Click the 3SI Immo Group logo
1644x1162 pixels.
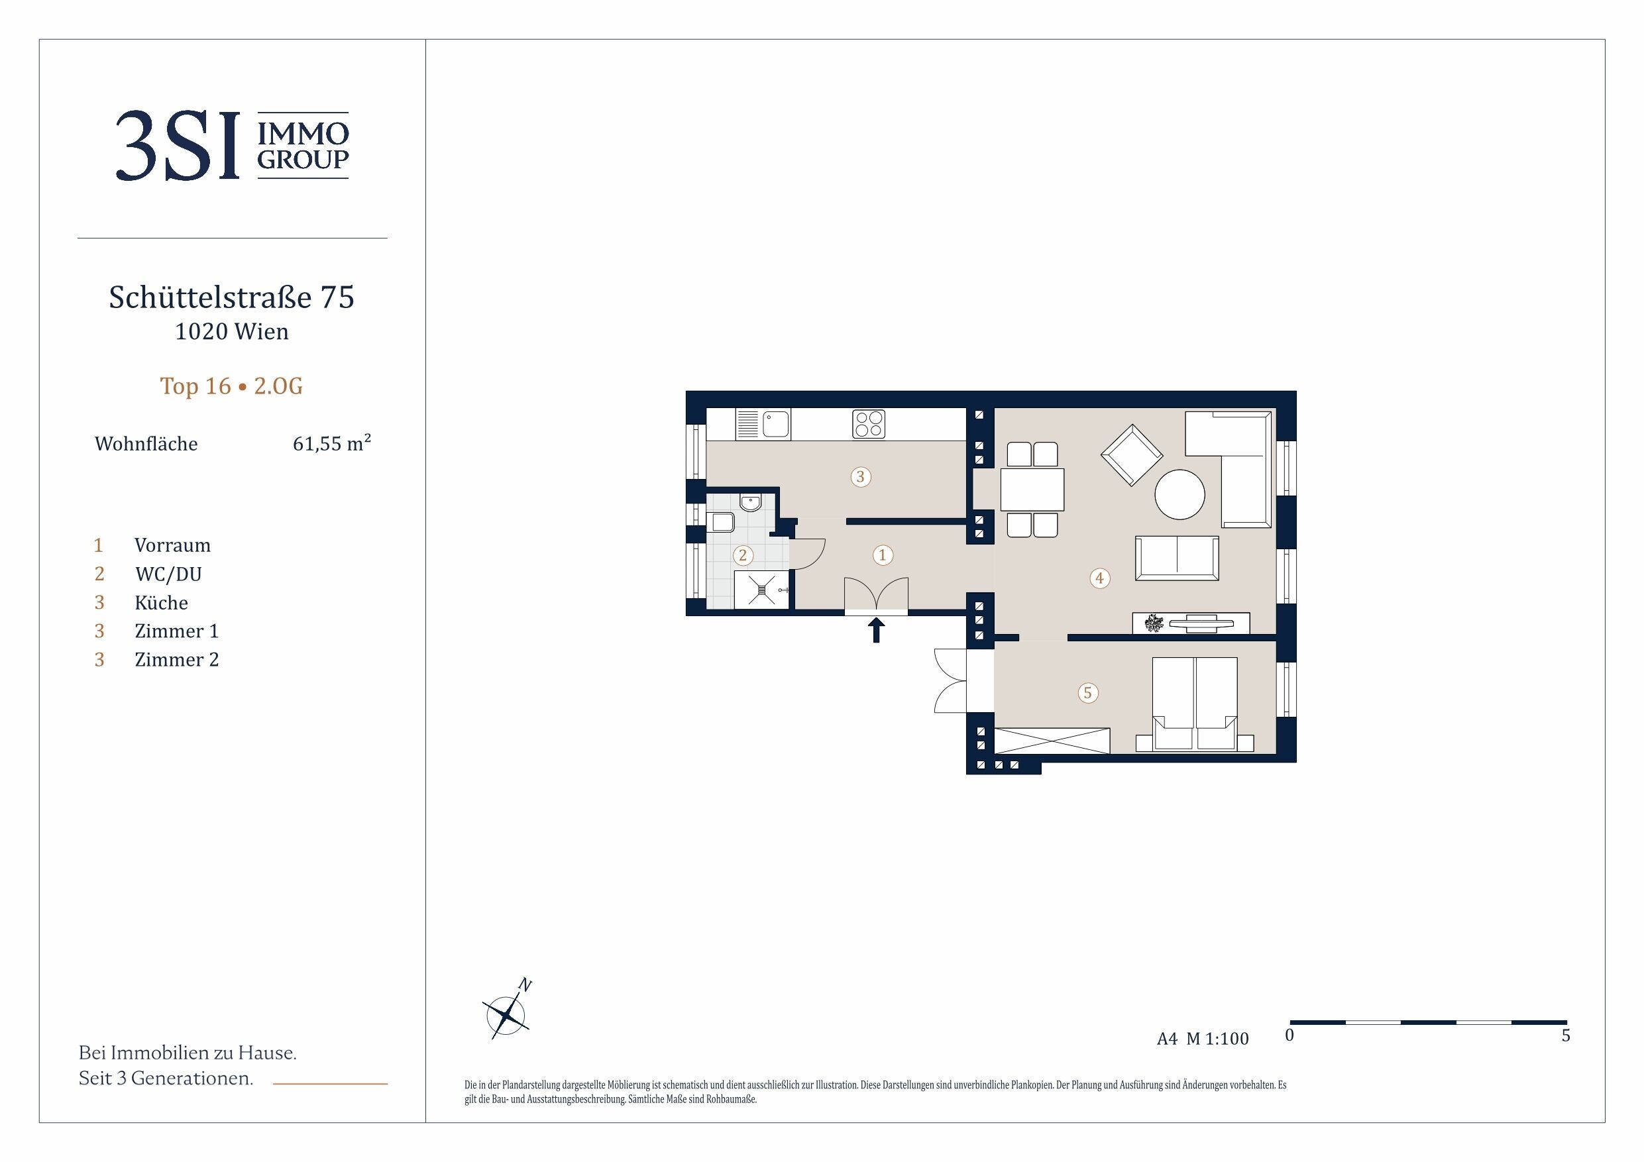(x=232, y=145)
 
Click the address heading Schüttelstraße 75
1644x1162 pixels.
(x=231, y=297)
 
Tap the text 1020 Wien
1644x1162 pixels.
(x=232, y=331)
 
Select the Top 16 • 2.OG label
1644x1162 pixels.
(x=231, y=386)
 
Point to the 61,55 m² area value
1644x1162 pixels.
(x=331, y=443)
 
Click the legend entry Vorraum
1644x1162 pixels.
(x=172, y=546)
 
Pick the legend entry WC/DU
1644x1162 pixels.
(x=168, y=574)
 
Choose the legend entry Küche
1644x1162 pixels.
(x=161, y=603)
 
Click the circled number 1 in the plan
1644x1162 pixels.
(x=882, y=555)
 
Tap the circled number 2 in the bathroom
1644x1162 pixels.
(x=743, y=555)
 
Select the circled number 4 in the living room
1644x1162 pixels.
(x=1099, y=578)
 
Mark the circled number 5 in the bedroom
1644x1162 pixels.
(x=1087, y=692)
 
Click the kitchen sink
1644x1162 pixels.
(x=763, y=424)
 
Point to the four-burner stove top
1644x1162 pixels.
(x=869, y=424)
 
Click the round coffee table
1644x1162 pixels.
(x=1179, y=494)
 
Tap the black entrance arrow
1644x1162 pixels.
(x=876, y=630)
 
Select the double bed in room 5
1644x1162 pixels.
(x=1195, y=704)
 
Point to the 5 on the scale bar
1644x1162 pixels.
(x=1565, y=1035)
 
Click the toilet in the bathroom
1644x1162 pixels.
(x=720, y=523)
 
